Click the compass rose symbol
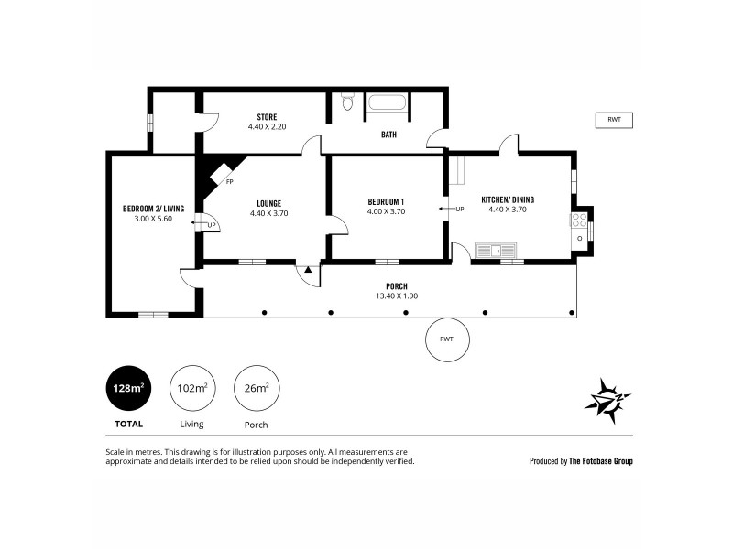coord(608,400)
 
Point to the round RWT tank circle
coord(446,339)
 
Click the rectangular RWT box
coord(613,120)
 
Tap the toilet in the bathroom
coord(346,102)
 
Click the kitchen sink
coord(496,249)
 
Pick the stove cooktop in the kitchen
coord(579,220)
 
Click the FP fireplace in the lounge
coord(218,176)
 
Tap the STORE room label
coord(267,117)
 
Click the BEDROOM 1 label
coord(386,201)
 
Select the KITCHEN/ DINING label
coord(508,199)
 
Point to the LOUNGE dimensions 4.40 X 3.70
coord(268,212)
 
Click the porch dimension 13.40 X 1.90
coord(396,296)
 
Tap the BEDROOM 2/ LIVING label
coord(153,209)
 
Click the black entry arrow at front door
coord(309,270)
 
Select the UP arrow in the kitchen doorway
coord(449,209)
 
